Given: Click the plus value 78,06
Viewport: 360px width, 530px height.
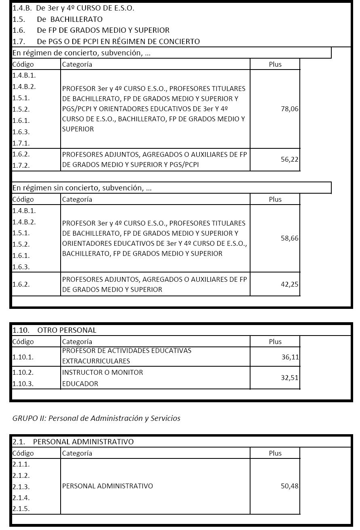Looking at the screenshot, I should pyautogui.click(x=290, y=109).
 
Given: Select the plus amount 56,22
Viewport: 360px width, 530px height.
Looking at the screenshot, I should pyautogui.click(x=290, y=160).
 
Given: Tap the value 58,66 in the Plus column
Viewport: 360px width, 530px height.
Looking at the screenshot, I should pyautogui.click(x=290, y=239).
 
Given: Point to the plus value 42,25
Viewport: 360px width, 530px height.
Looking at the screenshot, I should pyautogui.click(x=290, y=285).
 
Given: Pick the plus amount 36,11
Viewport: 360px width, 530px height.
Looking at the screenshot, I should pyautogui.click(x=290, y=357).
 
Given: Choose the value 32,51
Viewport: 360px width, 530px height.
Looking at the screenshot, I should pyautogui.click(x=290, y=378).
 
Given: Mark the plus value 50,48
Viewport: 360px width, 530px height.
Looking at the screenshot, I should pyautogui.click(x=290, y=486).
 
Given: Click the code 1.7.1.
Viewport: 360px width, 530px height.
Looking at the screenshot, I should pyautogui.click(x=21, y=143).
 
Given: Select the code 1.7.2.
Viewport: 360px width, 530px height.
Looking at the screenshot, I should pyautogui.click(x=21, y=165).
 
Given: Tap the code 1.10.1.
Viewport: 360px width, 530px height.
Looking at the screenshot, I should pyautogui.click(x=23, y=357).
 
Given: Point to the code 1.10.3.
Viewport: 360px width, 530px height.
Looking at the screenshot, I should pyautogui.click(x=23, y=384).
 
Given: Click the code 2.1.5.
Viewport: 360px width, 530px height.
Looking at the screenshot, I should pyautogui.click(x=21, y=509).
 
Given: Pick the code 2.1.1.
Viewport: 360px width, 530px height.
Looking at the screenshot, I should pyautogui.click(x=21, y=465).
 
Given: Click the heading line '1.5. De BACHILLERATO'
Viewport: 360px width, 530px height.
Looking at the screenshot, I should pyautogui.click(x=57, y=19).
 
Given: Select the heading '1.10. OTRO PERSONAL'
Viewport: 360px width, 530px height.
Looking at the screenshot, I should pyautogui.click(x=55, y=330).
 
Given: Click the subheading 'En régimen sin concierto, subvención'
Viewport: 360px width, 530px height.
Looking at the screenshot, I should pyautogui.click(x=82, y=188).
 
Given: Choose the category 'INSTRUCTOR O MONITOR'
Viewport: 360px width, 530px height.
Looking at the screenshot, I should pyautogui.click(x=103, y=373).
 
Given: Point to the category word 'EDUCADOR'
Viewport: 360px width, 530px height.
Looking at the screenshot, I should pyautogui.click(x=80, y=384).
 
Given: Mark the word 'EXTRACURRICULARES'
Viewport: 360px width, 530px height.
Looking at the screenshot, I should pyautogui.click(x=96, y=361).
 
